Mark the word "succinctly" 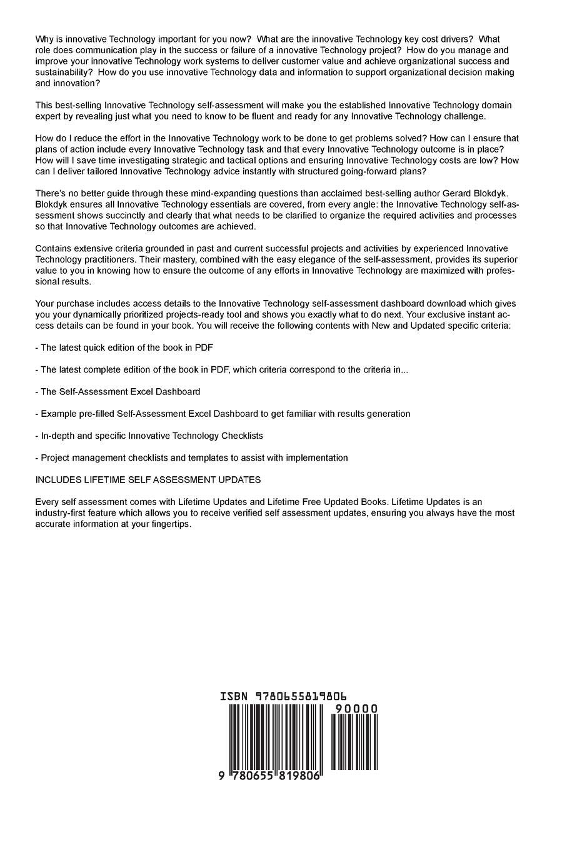[x=113, y=216]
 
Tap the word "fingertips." [x=168, y=524]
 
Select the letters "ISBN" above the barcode [x=234, y=696]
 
